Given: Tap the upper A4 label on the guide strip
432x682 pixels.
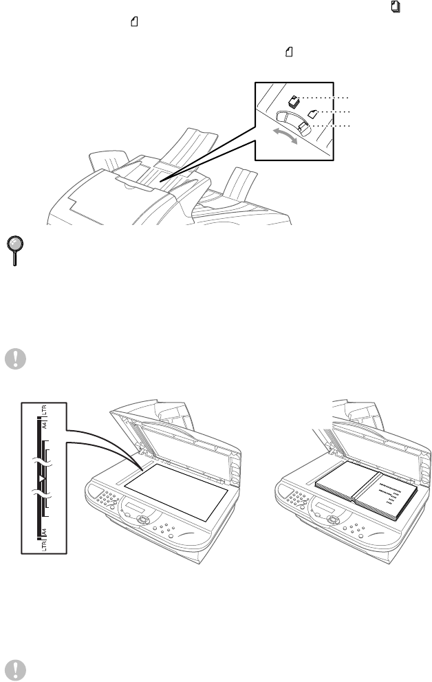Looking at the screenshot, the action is click(43, 425).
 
